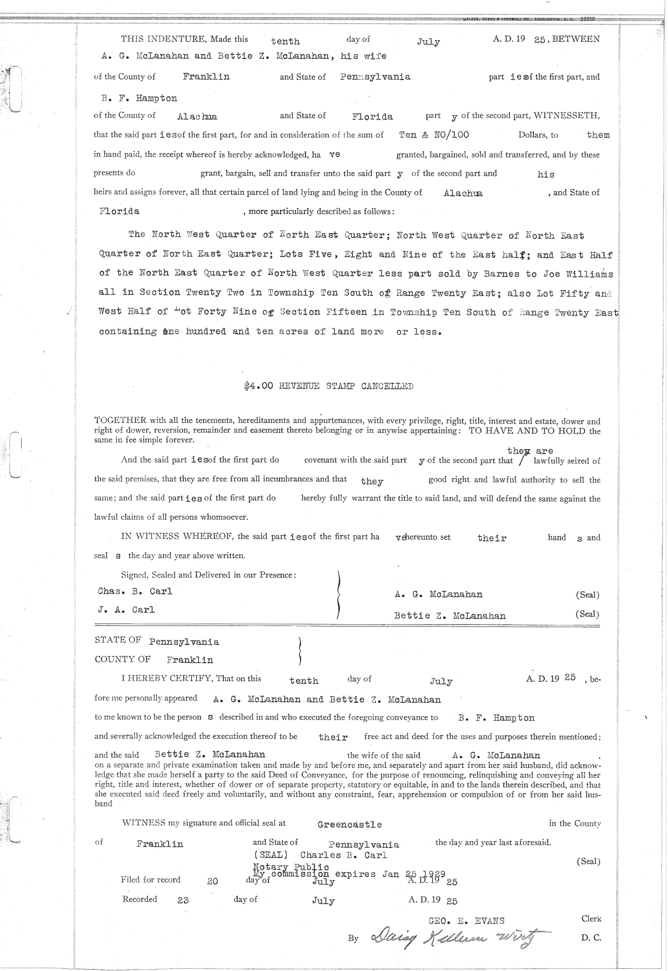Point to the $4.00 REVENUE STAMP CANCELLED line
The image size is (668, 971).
328,386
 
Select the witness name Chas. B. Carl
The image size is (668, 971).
135,592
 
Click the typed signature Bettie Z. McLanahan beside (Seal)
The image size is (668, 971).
450,615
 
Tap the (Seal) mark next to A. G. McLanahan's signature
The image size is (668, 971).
587,594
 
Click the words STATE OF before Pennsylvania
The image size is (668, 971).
118,640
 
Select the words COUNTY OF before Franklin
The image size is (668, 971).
122,659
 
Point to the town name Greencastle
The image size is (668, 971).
350,824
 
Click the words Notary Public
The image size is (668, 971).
291,867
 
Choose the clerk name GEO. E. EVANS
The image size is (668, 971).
466,921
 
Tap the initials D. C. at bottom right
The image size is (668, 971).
591,938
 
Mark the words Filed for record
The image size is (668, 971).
150,880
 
